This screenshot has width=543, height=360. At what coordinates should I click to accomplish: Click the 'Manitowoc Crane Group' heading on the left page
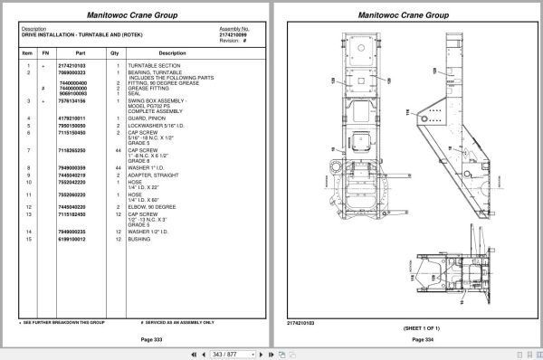pyautogui.click(x=138, y=15)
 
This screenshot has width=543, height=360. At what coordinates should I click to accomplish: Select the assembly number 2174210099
pyautogui.click(x=233, y=33)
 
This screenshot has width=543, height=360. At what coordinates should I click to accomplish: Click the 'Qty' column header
pyautogui.click(x=115, y=52)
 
